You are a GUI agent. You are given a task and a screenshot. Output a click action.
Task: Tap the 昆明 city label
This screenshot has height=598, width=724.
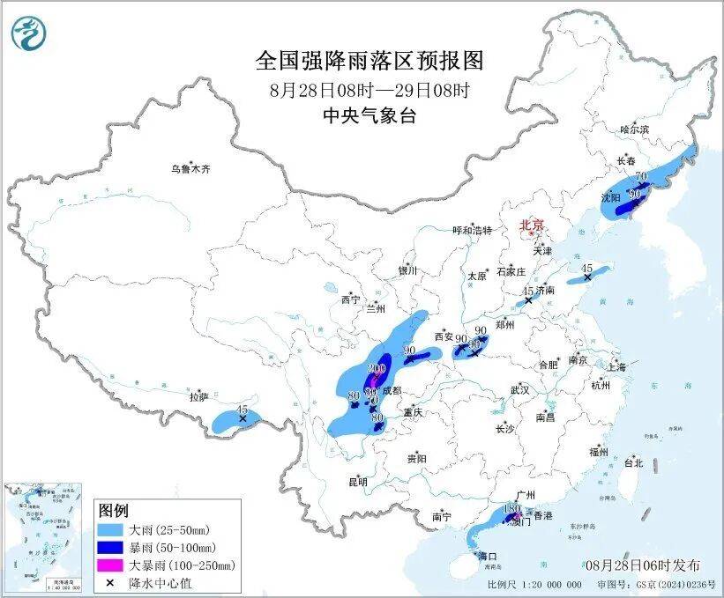click(x=358, y=482)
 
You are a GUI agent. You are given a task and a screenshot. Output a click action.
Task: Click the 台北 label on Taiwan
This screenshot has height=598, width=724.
click(x=633, y=462)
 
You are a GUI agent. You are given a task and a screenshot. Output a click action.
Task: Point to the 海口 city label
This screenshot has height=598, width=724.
click(x=488, y=556)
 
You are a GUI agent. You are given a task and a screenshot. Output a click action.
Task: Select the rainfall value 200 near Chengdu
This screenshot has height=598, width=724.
click(x=377, y=368)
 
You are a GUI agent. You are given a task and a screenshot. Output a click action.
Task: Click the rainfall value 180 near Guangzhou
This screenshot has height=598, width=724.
click(x=511, y=509)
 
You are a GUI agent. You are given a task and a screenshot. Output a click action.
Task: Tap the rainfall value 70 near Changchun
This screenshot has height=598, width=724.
click(x=641, y=176)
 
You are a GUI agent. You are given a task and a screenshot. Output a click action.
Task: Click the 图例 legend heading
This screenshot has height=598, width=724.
click(x=114, y=511)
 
